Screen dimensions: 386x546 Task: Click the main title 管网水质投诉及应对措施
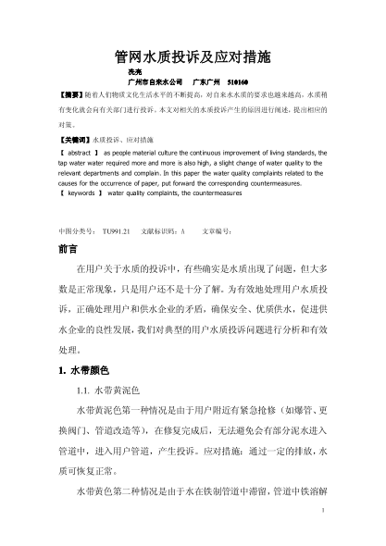click(192, 56)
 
